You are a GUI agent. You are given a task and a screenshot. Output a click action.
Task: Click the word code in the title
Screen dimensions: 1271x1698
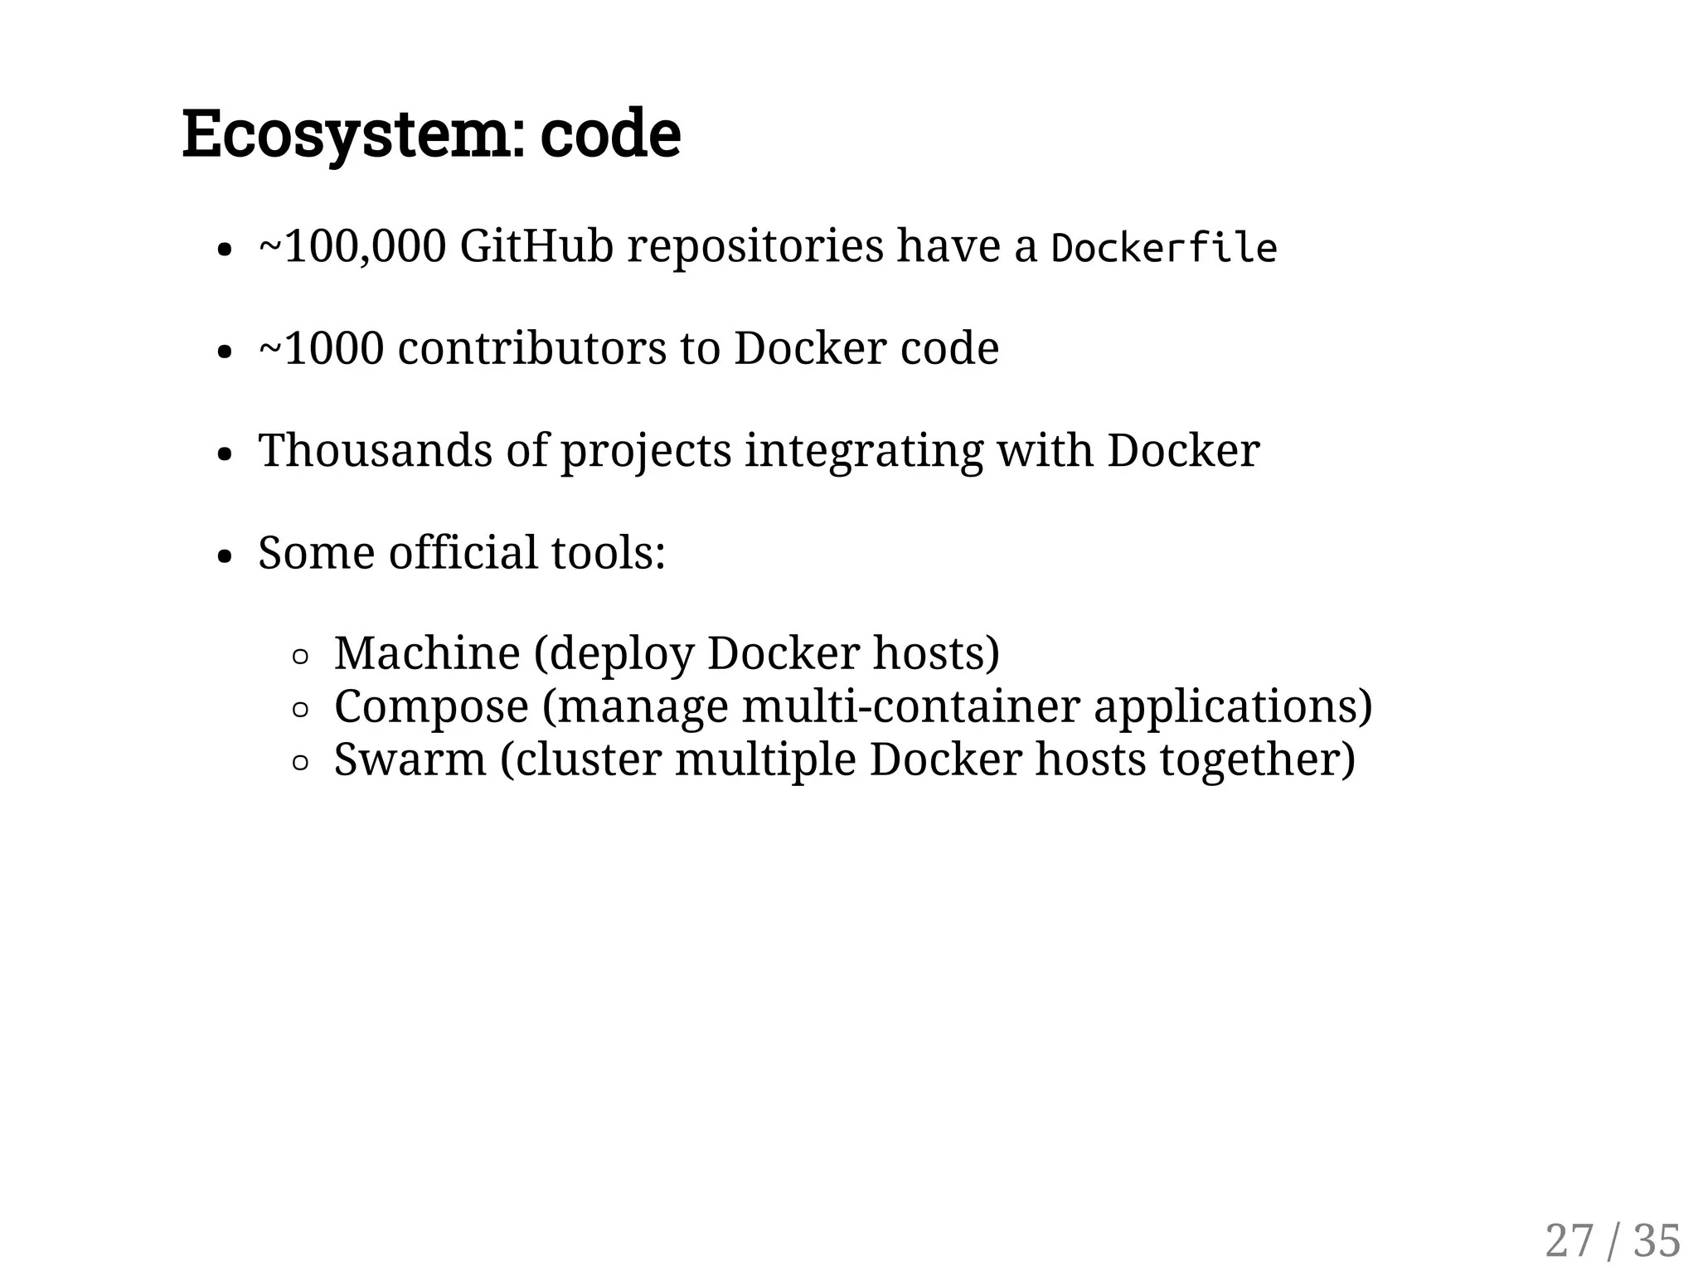(610, 135)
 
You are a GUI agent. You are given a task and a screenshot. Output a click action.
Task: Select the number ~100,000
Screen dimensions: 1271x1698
(352, 246)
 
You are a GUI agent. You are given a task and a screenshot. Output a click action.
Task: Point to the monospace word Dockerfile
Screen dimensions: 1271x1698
(1163, 248)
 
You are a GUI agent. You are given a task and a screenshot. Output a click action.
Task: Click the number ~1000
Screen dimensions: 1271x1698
(322, 348)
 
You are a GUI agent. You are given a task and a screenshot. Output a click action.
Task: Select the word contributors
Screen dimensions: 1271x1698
(531, 348)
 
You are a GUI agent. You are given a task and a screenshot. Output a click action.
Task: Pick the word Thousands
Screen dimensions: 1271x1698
(376, 450)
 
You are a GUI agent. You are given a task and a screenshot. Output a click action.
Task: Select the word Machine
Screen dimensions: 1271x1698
(427, 653)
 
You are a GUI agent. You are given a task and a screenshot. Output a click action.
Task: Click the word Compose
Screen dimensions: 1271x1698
(431, 707)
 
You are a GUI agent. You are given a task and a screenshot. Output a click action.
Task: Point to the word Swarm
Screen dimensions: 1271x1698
(410, 759)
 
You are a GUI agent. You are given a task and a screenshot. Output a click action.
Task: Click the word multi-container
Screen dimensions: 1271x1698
(910, 706)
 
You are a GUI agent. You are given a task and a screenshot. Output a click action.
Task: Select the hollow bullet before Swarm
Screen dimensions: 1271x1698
(301, 763)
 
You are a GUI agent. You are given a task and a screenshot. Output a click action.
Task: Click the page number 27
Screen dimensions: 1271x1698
(1569, 1241)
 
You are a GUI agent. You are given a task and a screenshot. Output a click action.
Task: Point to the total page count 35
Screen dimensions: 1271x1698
(1657, 1241)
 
